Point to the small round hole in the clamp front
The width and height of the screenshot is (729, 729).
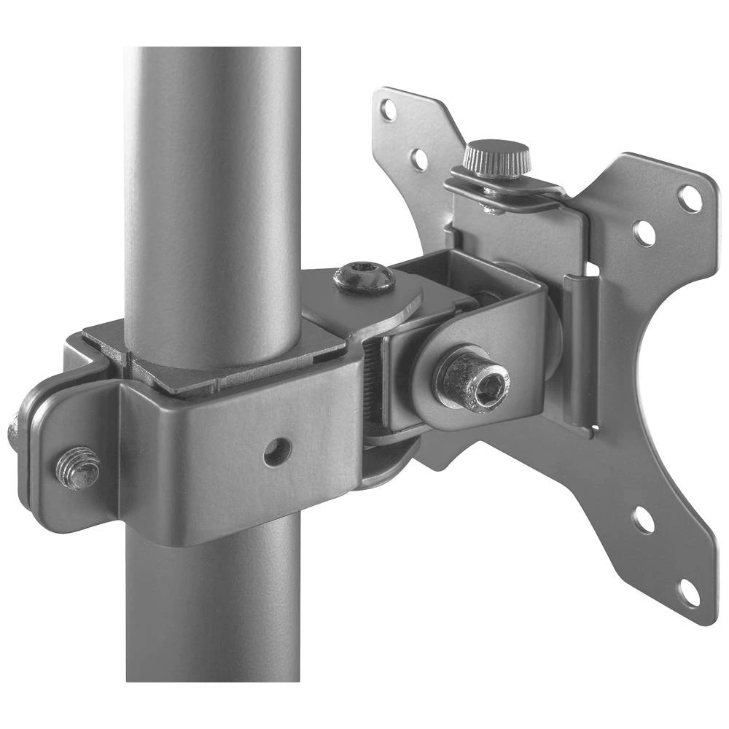click(x=277, y=452)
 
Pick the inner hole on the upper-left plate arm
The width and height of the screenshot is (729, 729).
click(x=419, y=158)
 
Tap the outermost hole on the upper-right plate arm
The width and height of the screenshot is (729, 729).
click(x=689, y=198)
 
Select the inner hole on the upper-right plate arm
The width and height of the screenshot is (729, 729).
click(x=643, y=233)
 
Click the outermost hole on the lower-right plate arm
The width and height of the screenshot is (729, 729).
click(x=688, y=593)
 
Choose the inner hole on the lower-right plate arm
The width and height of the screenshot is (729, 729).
click(x=642, y=520)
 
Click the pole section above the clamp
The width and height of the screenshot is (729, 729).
click(x=211, y=182)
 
